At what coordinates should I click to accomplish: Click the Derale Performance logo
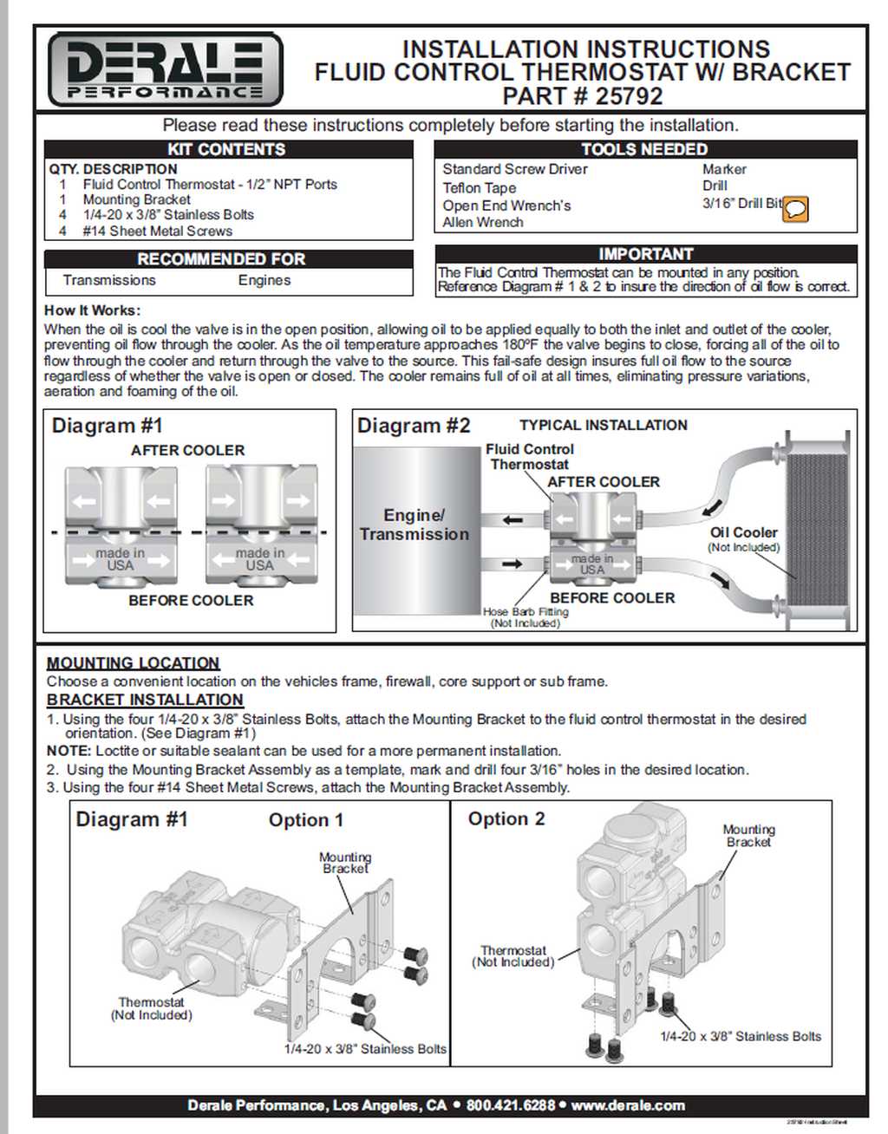[165, 69]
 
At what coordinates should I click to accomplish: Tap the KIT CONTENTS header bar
[227, 149]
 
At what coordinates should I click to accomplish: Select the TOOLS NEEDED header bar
[644, 149]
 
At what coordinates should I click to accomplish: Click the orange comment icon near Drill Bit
[795, 209]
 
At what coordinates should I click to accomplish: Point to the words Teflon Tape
[479, 188]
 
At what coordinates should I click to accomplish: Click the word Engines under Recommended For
[264, 280]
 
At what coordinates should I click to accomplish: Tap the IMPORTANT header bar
[646, 254]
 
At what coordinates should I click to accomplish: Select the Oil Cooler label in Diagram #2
[743, 533]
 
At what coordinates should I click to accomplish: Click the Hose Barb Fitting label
[526, 612]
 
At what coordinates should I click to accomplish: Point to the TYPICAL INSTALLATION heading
[603, 425]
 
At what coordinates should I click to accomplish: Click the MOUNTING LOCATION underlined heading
[133, 663]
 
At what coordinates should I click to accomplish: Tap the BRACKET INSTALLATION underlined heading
[145, 700]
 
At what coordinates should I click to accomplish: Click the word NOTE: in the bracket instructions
[69, 751]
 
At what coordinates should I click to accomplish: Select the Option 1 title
[306, 820]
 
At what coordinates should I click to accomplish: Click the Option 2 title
[506, 819]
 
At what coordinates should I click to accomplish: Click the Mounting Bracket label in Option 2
[748, 836]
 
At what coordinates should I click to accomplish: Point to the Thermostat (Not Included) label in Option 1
[152, 1008]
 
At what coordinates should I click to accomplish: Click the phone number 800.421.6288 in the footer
[510, 1105]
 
